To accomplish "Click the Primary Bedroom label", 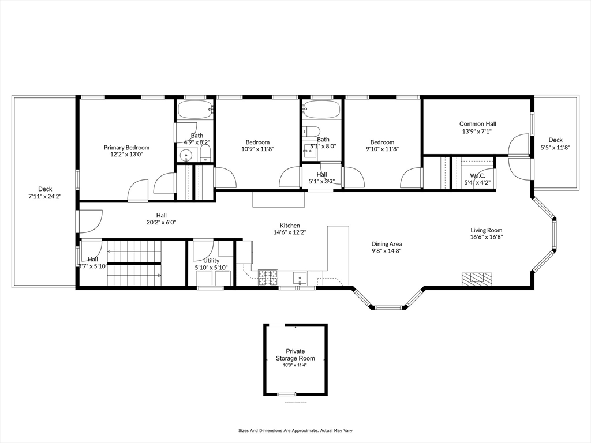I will (x=126, y=147).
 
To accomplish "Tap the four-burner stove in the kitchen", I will (x=268, y=277).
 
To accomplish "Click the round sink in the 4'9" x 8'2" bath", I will (x=186, y=155).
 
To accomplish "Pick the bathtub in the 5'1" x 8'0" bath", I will (x=321, y=110).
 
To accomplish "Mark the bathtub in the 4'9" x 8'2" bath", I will (x=195, y=110).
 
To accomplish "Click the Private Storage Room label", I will (x=295, y=355).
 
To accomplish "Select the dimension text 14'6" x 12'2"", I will (x=290, y=232).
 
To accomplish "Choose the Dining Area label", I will (x=386, y=244).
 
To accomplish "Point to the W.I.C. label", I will (x=477, y=175).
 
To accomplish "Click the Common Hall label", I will (x=477, y=123).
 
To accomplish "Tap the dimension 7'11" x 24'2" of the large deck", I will (x=45, y=196).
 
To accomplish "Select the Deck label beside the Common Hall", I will (x=555, y=140).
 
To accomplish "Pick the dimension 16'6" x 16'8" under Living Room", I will (x=486, y=237).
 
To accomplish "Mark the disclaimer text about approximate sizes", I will (x=295, y=430).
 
